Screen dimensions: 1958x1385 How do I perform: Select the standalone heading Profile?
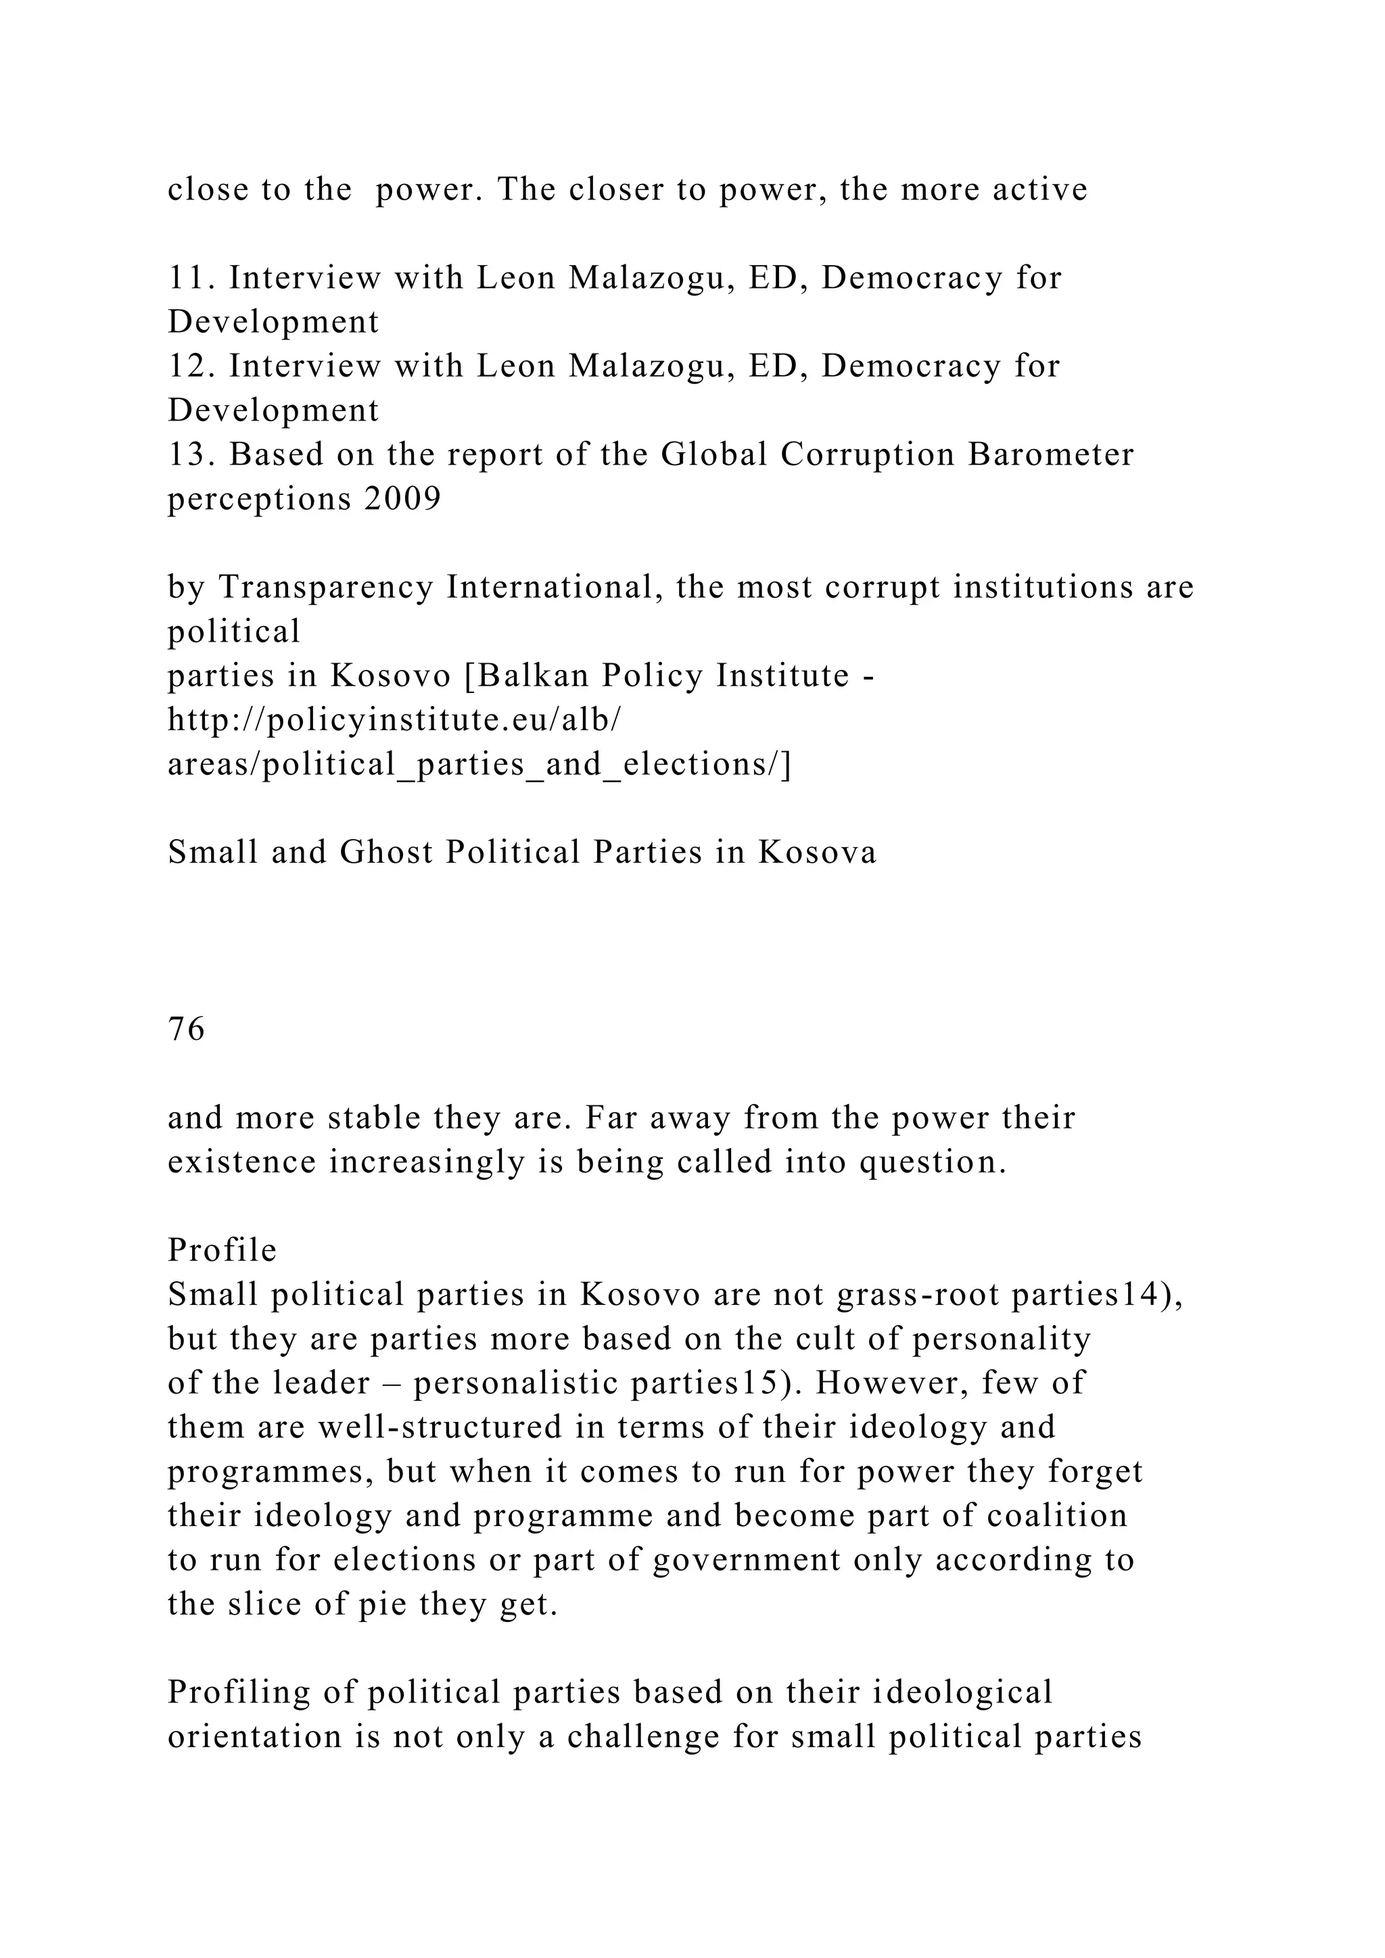click(x=222, y=1250)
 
